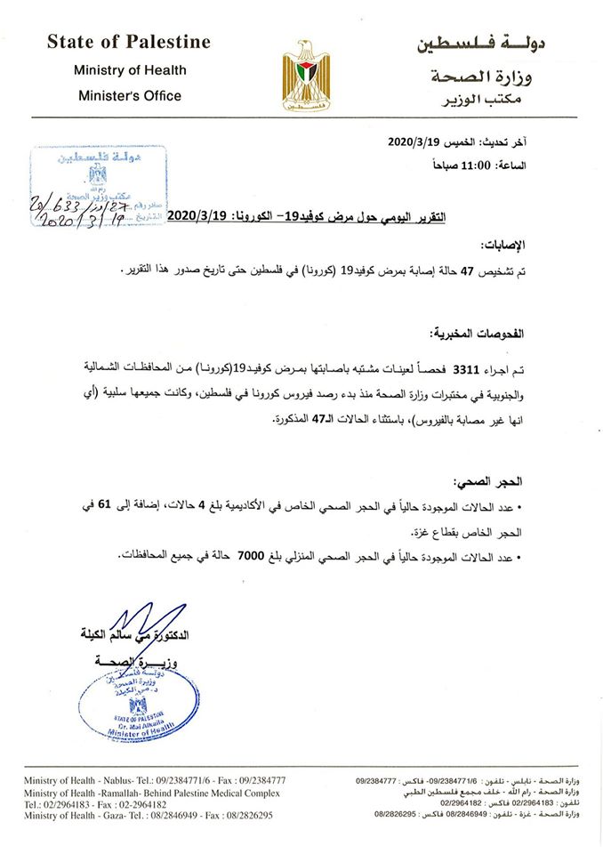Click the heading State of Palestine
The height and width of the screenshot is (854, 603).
[129, 42]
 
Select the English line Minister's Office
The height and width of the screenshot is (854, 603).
[129, 95]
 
